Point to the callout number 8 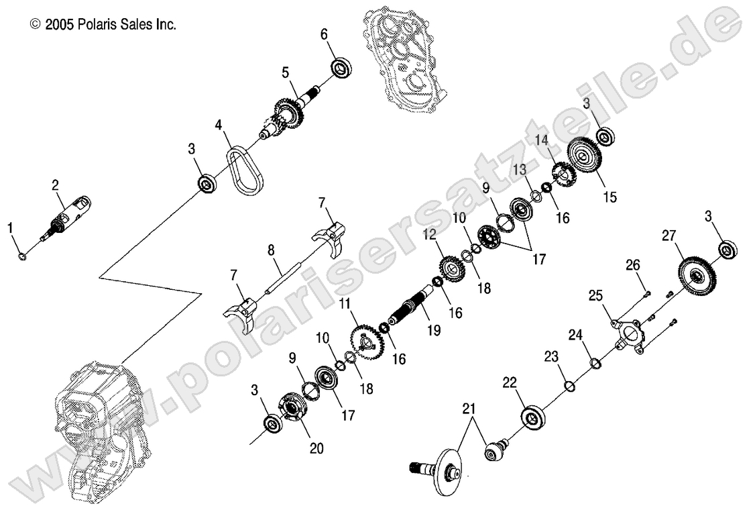[271, 250]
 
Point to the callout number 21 [467, 408]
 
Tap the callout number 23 [551, 356]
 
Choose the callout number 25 [596, 295]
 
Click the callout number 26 [633, 265]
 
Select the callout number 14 [542, 140]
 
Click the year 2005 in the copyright [60, 25]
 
